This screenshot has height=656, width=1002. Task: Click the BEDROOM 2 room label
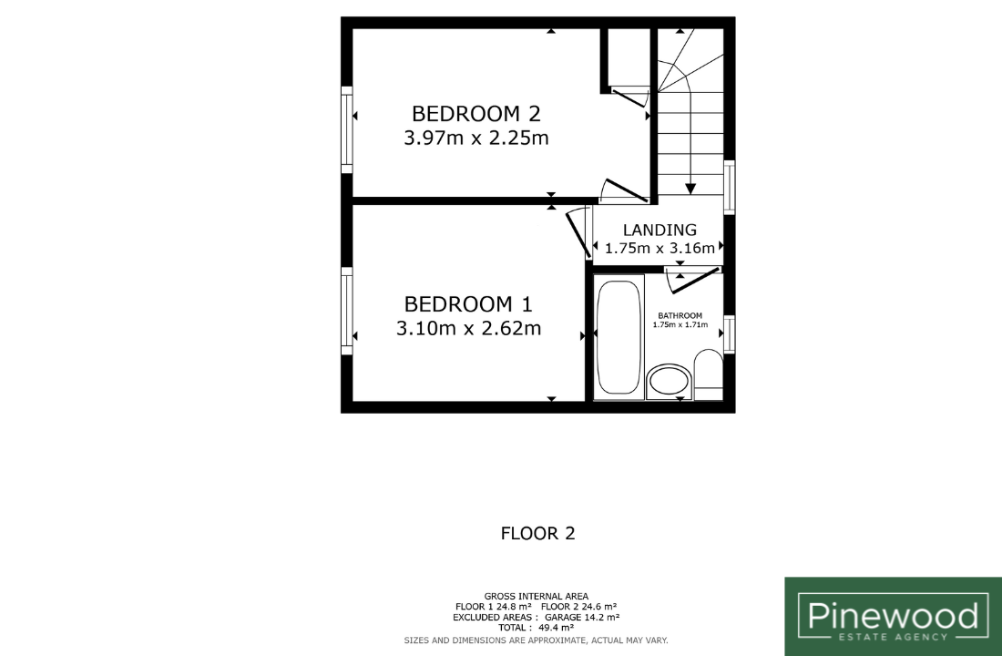tap(476, 114)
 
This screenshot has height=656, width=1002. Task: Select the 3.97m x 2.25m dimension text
tap(476, 138)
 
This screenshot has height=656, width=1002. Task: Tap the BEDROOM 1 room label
tap(468, 303)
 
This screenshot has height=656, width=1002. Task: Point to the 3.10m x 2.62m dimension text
tap(468, 328)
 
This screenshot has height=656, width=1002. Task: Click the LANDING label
tap(659, 230)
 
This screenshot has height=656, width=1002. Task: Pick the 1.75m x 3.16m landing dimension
tap(659, 248)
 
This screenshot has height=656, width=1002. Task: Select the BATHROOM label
tap(680, 315)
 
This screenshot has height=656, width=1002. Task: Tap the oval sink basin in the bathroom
tap(669, 383)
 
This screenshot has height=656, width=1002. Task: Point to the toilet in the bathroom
tap(708, 374)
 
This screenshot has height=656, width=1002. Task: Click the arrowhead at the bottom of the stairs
tap(690, 190)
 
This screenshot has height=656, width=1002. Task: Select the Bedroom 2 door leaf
tap(627, 190)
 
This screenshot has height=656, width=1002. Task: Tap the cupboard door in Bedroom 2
tap(630, 97)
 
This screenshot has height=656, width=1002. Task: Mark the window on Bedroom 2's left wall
tap(347, 129)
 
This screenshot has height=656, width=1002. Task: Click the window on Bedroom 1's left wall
tap(347, 311)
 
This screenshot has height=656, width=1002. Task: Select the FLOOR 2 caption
tap(538, 533)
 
